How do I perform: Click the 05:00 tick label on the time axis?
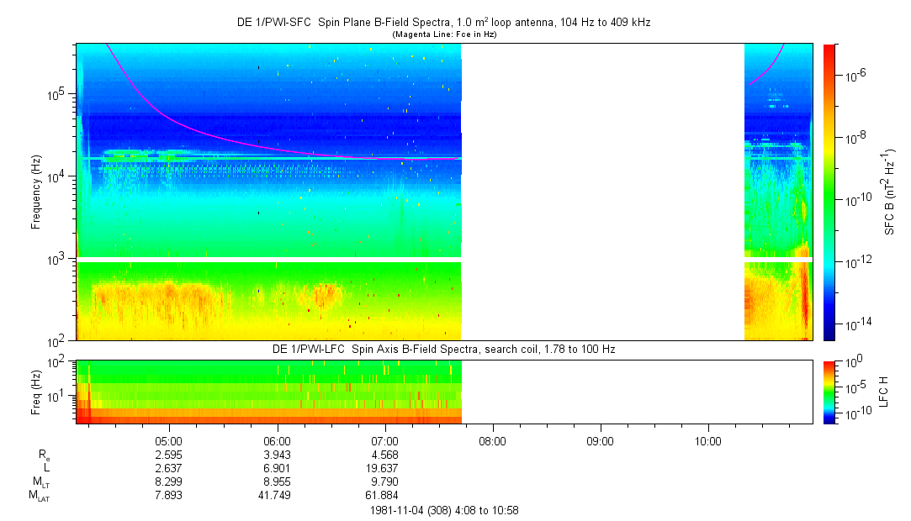coord(169,439)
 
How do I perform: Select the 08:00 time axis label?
coord(492,439)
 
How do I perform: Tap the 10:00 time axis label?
coord(708,439)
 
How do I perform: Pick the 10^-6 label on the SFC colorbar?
coord(856,76)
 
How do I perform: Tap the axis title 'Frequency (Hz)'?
coord(36,192)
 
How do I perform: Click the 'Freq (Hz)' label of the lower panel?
coord(36,391)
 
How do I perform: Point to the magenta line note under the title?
coord(443,34)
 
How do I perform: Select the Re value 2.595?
coord(169,454)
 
